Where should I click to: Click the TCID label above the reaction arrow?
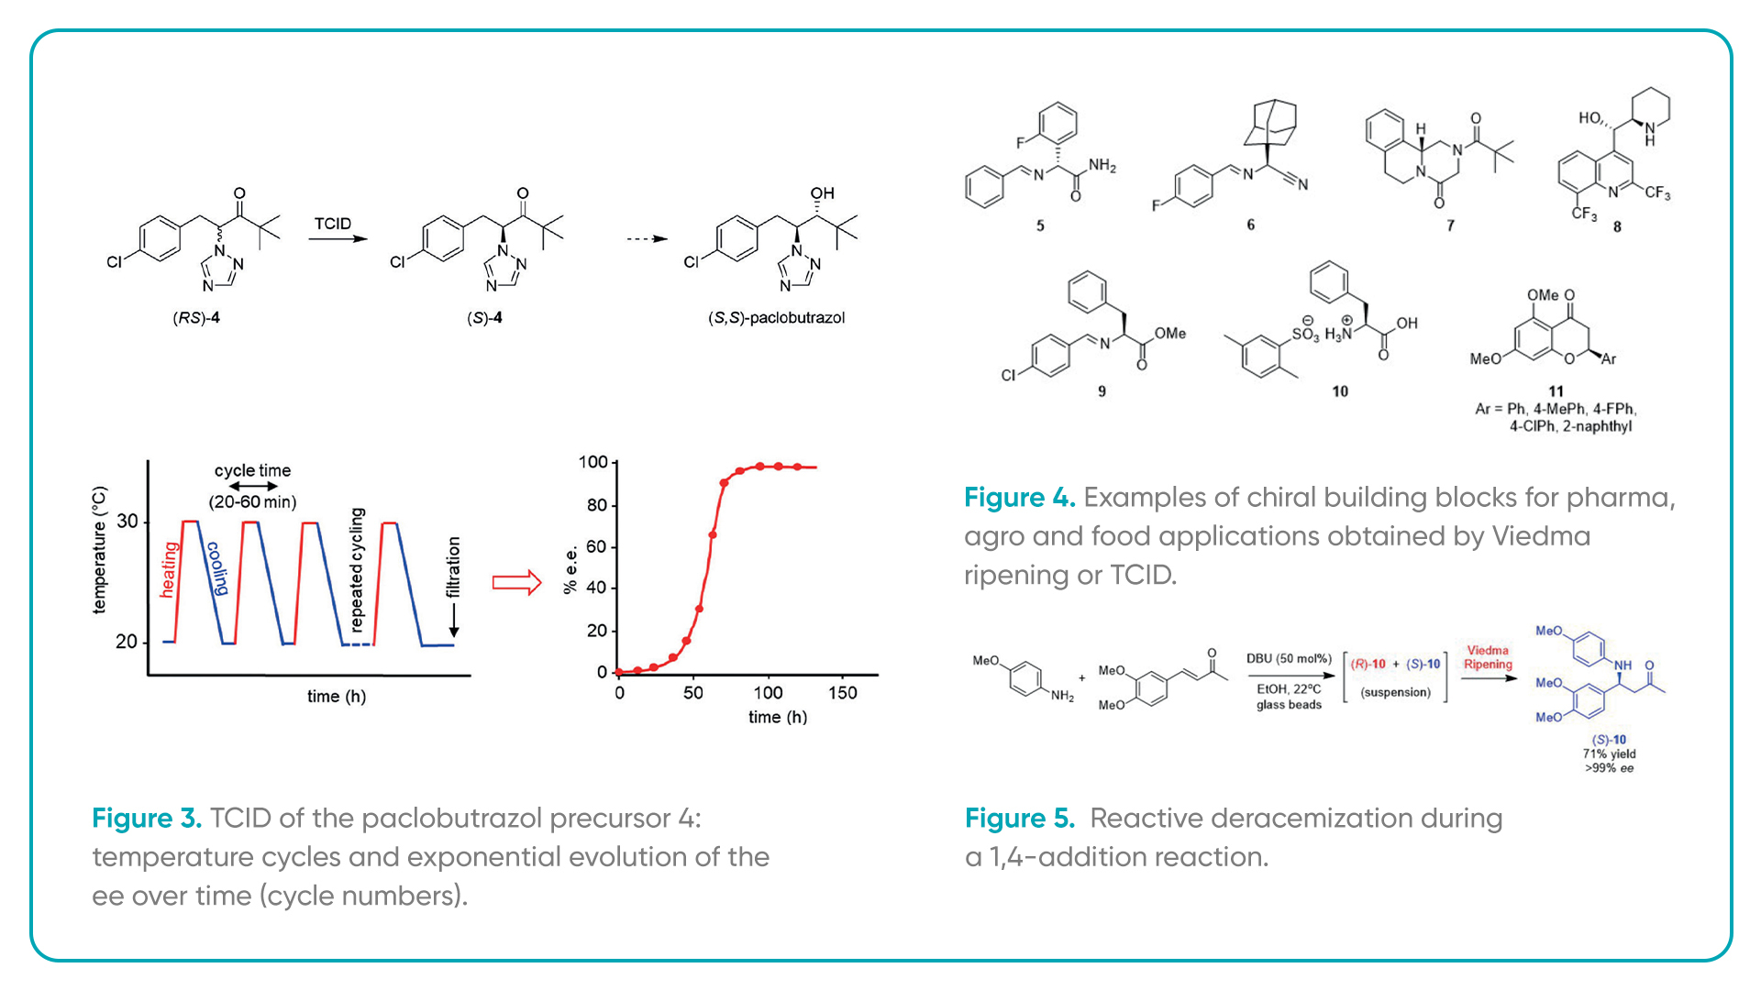pyautogui.click(x=332, y=224)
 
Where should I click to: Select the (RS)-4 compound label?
pyautogui.click(x=196, y=318)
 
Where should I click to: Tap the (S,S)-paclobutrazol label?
pyautogui.click(x=776, y=318)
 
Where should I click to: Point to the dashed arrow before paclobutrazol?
pyautogui.click(x=647, y=239)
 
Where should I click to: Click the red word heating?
pyautogui.click(x=168, y=569)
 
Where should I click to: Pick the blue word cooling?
pyautogui.click(x=217, y=569)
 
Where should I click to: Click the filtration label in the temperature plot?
pyautogui.click(x=453, y=567)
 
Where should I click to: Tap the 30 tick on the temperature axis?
pyautogui.click(x=127, y=522)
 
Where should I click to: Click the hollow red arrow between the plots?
pyautogui.click(x=517, y=582)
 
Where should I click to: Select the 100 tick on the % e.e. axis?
pyautogui.click(x=593, y=462)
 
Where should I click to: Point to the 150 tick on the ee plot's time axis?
pyautogui.click(x=843, y=693)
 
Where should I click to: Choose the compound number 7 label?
pyautogui.click(x=1450, y=225)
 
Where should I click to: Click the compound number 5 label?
pyautogui.click(x=1040, y=225)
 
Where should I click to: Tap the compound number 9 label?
pyautogui.click(x=1102, y=391)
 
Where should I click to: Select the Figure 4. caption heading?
pyautogui.click(x=1019, y=498)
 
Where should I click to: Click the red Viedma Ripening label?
pyautogui.click(x=1488, y=657)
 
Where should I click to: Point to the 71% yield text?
pyautogui.click(x=1609, y=754)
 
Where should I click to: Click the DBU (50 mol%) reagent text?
pyautogui.click(x=1289, y=659)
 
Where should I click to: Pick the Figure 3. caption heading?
pyautogui.click(x=147, y=819)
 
